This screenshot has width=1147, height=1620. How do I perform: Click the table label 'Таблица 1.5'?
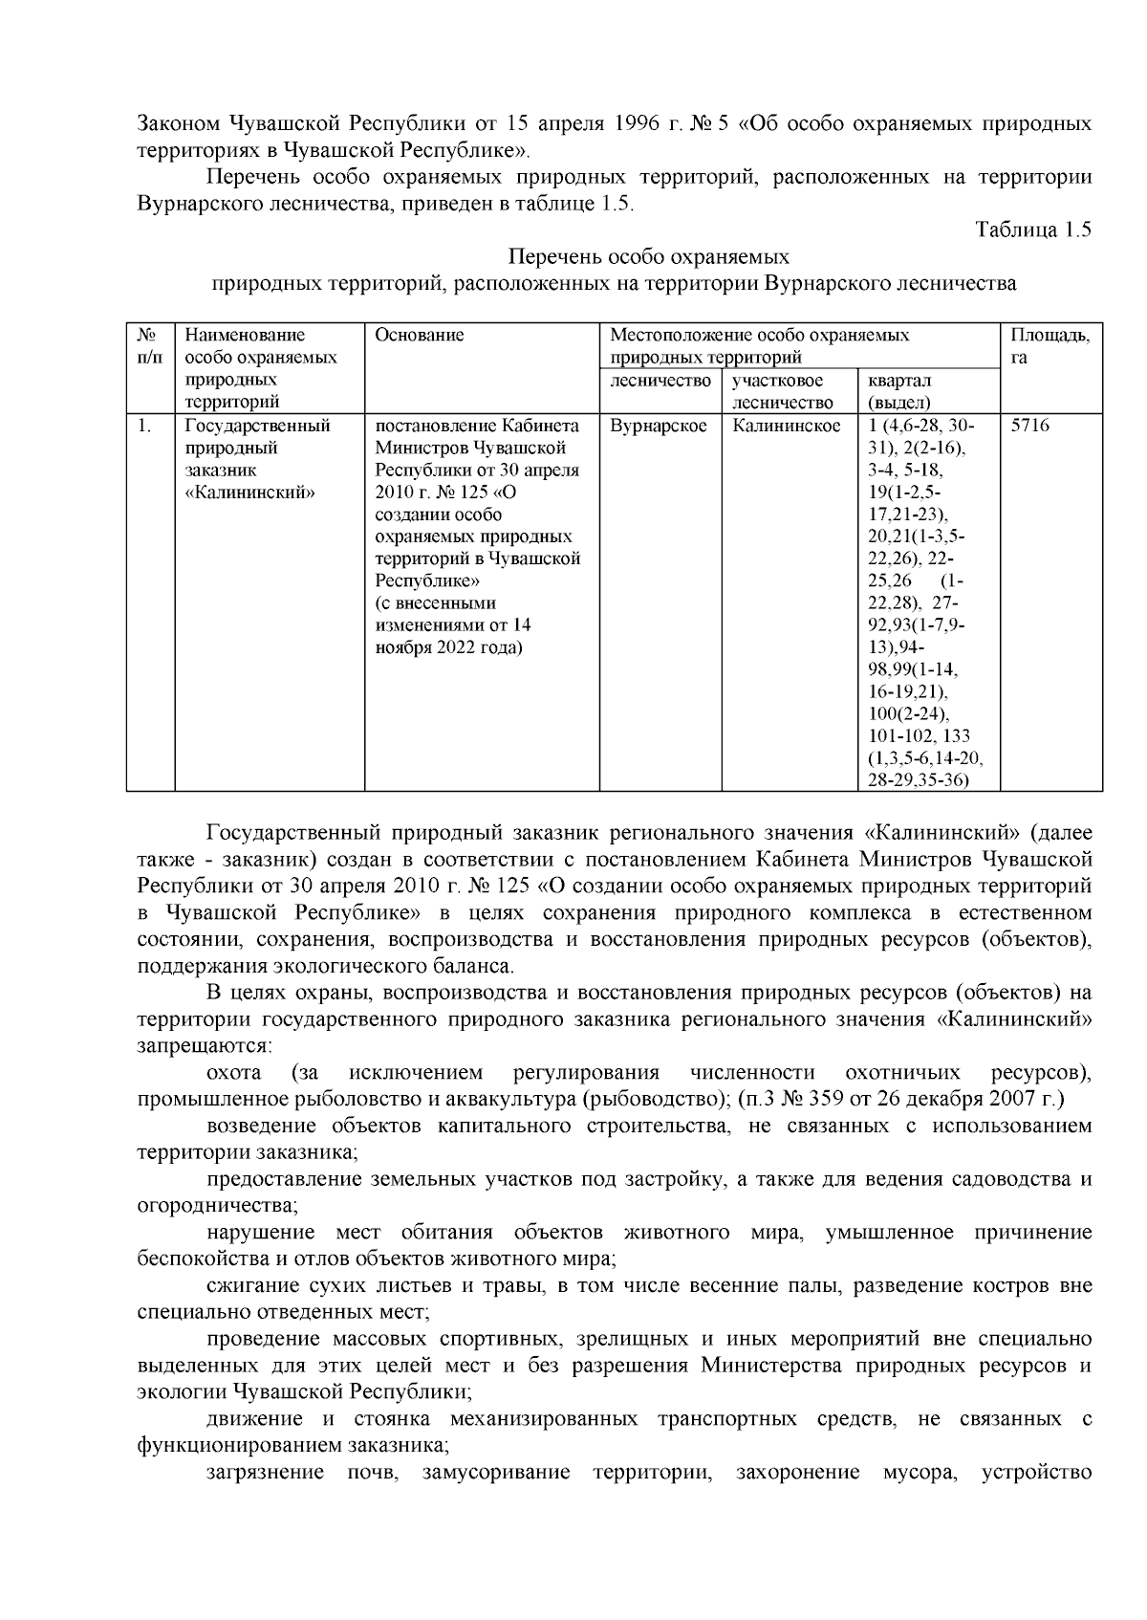point(1032,230)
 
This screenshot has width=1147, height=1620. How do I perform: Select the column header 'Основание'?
point(419,335)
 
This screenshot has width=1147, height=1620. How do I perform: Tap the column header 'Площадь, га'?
point(1050,345)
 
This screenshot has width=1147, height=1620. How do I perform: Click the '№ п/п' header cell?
point(149,345)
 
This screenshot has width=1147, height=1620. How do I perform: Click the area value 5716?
point(1029,427)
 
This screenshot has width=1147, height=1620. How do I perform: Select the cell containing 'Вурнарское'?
point(658,427)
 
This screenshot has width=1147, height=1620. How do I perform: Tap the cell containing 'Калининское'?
point(786,427)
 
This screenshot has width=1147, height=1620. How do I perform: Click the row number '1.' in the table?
point(144,427)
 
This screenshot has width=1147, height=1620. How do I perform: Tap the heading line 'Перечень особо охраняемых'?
point(648,257)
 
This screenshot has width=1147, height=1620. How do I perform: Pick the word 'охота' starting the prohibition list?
point(233,1073)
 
